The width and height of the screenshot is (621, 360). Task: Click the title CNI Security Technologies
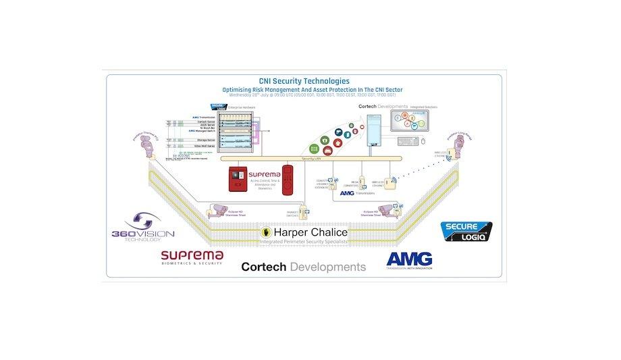pos(304,81)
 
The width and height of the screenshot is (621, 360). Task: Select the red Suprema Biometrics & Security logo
pos(192,258)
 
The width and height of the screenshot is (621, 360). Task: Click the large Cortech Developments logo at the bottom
pos(304,267)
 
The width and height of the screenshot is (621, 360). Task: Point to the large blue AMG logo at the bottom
pos(409,260)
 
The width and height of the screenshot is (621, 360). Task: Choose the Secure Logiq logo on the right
pos(466,231)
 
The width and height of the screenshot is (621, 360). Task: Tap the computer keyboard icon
pos(408,142)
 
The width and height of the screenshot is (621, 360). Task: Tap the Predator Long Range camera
pos(460,143)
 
